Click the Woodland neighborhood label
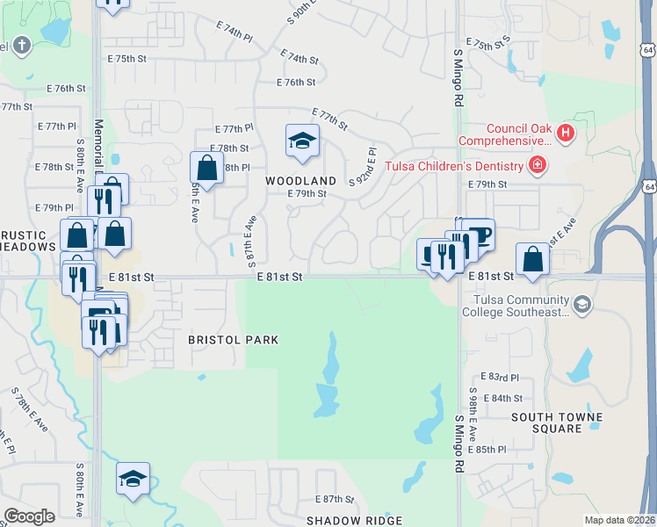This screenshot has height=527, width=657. [301, 180]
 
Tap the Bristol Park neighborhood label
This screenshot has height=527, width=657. [234, 340]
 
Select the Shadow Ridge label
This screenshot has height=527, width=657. [354, 521]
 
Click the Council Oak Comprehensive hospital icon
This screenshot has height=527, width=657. [565, 134]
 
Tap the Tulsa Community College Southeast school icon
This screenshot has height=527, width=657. [581, 305]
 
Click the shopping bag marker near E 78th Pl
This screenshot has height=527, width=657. [206, 167]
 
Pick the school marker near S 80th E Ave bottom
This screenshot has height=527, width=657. [133, 479]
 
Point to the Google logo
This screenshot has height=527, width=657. [29, 516]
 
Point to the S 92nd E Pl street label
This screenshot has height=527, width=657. [364, 168]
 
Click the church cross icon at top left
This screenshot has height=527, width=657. [21, 45]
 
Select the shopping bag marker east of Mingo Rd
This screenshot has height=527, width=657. [532, 259]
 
